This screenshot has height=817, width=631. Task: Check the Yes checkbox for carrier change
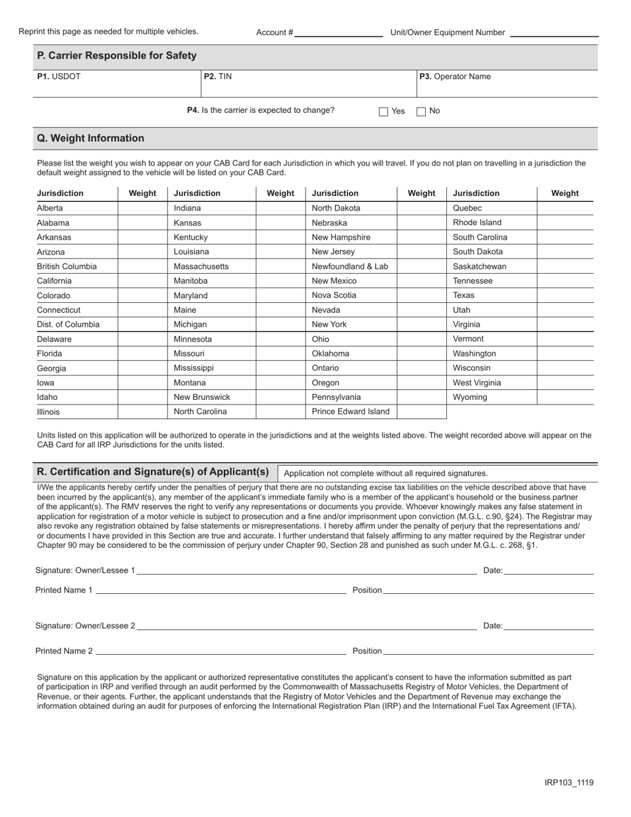coord(383,112)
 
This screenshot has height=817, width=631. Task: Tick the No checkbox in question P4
coord(421,112)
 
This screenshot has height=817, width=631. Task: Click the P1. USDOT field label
coord(59,76)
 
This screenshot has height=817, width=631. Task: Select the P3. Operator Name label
coord(455,76)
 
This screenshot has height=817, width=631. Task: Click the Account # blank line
coord(339,32)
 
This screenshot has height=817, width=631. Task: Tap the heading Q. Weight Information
coord(91,138)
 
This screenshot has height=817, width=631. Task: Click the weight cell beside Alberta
coord(142,209)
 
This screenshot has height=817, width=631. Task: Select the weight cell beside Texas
coord(565,296)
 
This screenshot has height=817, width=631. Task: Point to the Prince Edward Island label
coord(351,412)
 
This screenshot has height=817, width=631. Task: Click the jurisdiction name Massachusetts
coord(201,266)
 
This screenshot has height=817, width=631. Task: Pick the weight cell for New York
coord(422,325)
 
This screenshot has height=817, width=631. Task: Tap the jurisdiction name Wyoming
coord(470,397)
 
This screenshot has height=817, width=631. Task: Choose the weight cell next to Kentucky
coord(280,237)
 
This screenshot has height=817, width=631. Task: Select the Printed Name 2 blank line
coord(221,651)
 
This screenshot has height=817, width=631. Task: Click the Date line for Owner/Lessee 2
coord(549,626)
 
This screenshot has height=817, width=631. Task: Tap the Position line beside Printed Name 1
coord(489,590)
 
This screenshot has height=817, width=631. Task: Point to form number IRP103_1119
coord(569,782)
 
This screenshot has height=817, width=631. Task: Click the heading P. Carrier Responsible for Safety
coord(117,56)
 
